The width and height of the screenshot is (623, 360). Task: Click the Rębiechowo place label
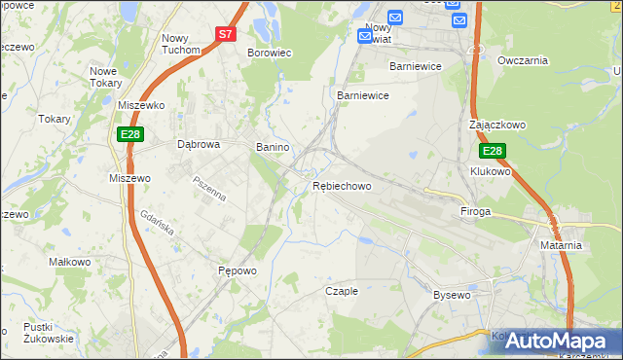(342, 186)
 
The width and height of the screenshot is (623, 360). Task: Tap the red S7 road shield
(226, 33)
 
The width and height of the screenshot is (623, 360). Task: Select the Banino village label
(273, 147)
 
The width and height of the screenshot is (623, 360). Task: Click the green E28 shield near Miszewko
(131, 133)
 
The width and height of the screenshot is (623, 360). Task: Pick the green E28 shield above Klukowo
(493, 151)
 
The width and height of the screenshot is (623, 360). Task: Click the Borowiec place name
(270, 53)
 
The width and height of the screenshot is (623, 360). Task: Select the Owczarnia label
(523, 60)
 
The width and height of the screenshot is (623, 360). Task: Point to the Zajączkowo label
(497, 126)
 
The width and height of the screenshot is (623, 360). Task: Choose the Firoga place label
(476, 210)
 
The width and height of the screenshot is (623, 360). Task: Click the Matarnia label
(561, 245)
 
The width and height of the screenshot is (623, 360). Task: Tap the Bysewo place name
(452, 294)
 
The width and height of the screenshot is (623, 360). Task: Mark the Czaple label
(342, 291)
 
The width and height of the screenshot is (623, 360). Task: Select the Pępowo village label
(237, 271)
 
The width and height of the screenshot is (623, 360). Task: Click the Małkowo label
(70, 262)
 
